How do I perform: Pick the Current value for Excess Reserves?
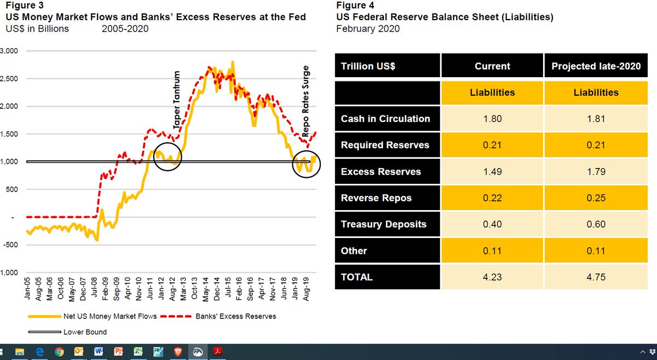tap(492, 172)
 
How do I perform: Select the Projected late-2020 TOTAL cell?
tap(596, 277)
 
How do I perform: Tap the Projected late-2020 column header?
tap(596, 66)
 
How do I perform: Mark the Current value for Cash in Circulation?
tap(492, 119)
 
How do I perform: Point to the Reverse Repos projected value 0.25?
tap(596, 198)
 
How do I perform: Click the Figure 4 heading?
tap(354, 6)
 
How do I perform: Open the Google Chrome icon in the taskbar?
tap(59, 352)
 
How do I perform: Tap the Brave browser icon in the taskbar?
tap(176, 352)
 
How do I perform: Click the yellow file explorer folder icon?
tap(20, 352)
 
